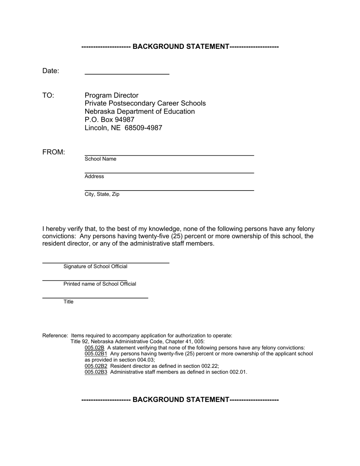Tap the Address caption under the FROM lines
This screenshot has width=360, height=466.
pyautogui.click(x=94, y=177)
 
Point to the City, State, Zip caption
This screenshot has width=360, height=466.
pyautogui.click(x=102, y=194)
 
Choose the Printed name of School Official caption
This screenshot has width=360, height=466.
pyautogui.click(x=100, y=284)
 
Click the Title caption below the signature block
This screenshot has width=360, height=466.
pyautogui.click(x=69, y=302)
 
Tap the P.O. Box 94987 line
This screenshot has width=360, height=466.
pyautogui.click(x=110, y=120)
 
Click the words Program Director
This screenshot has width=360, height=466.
pyautogui.click(x=111, y=95)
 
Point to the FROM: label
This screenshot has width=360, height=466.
pyautogui.click(x=54, y=152)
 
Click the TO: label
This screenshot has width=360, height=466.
pyautogui.click(x=48, y=95)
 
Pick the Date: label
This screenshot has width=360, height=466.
pyautogui.click(x=51, y=71)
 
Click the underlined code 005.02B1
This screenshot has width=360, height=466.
pyautogui.click(x=96, y=354)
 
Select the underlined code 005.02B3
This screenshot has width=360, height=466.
pyautogui.click(x=96, y=372)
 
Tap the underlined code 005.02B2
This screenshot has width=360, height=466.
pyautogui.click(x=96, y=366)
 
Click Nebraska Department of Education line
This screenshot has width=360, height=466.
pyautogui.click(x=139, y=112)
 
